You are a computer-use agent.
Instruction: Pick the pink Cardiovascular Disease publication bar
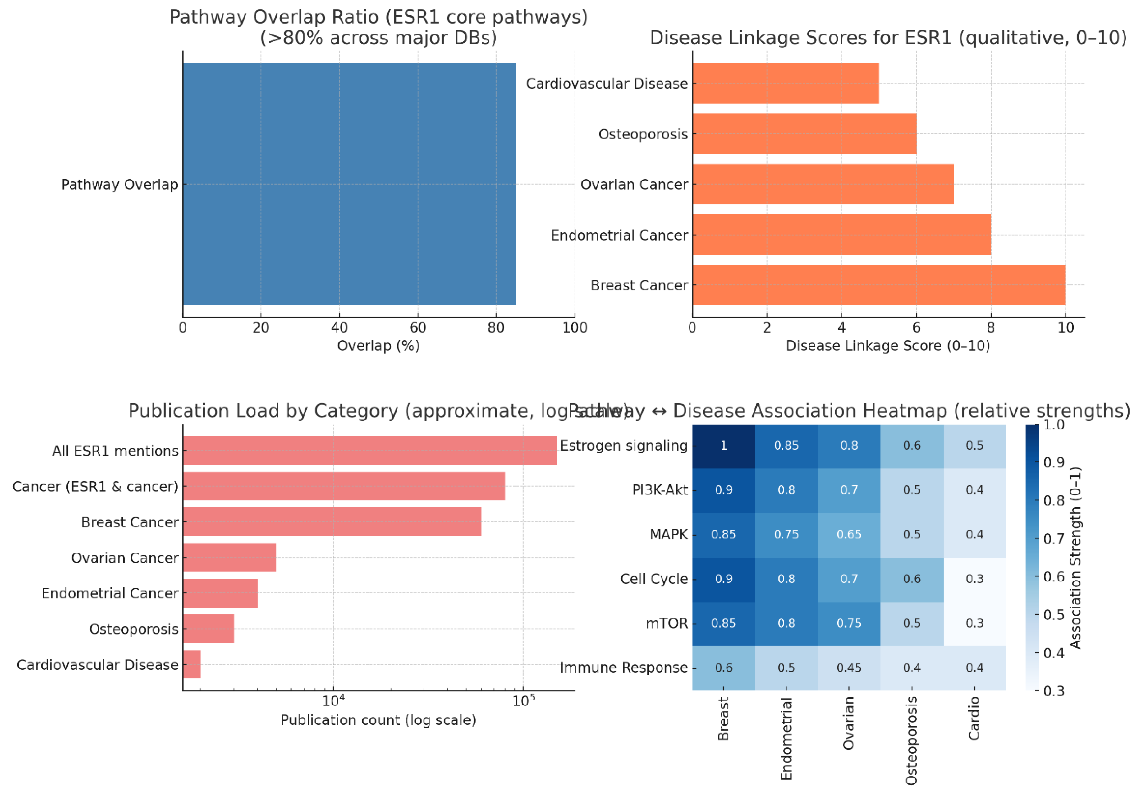[x=192, y=664]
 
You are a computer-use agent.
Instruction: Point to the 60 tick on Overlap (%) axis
[x=418, y=328]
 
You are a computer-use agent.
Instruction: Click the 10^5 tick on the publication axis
[x=523, y=701]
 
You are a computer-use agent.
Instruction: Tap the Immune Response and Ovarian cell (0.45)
[x=849, y=668]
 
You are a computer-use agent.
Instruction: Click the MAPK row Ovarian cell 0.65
[x=849, y=535]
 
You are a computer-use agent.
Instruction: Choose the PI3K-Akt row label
[x=659, y=490]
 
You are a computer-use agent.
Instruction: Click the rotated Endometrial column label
[x=786, y=739]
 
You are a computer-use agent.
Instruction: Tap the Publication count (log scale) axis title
[x=378, y=720]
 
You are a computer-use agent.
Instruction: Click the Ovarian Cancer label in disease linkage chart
[x=634, y=185]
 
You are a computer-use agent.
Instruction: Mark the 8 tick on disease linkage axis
[x=991, y=328]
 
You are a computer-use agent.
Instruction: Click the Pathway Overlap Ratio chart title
[x=378, y=27]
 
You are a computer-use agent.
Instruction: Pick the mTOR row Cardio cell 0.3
[x=974, y=623]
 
